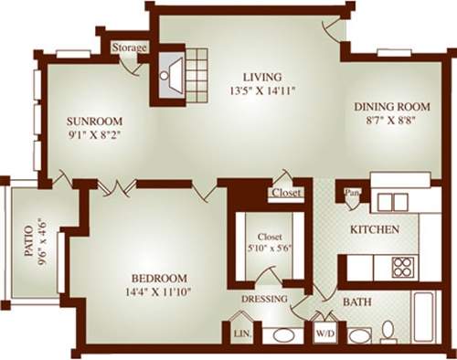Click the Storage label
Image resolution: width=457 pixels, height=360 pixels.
(x=129, y=47)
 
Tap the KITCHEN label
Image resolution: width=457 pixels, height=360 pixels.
(x=375, y=229)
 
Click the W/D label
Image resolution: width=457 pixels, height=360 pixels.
(x=324, y=334)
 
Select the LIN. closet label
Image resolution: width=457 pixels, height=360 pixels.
(x=241, y=334)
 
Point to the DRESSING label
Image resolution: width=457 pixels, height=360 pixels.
(x=264, y=299)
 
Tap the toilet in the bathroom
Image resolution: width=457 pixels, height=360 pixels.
(x=387, y=331)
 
